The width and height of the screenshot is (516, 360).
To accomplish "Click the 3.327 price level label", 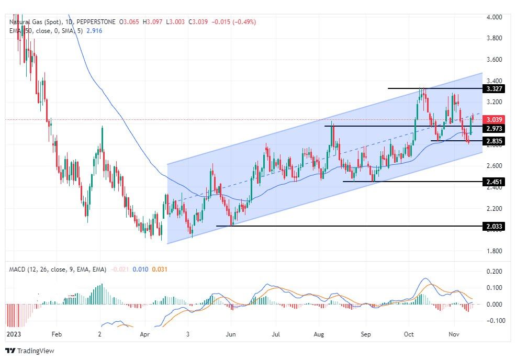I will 494,89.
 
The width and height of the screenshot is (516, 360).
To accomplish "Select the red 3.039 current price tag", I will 494,120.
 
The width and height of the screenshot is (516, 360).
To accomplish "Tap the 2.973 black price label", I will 494,129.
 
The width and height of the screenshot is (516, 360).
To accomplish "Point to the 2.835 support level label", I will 494,141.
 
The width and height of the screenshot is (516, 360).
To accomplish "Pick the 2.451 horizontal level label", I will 494,182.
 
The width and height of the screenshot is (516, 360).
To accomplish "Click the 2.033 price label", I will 494,227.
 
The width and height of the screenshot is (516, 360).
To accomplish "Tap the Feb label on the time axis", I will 57,333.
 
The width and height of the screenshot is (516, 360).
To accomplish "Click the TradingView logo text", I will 36,351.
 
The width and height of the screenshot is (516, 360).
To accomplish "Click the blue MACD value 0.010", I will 140,269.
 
